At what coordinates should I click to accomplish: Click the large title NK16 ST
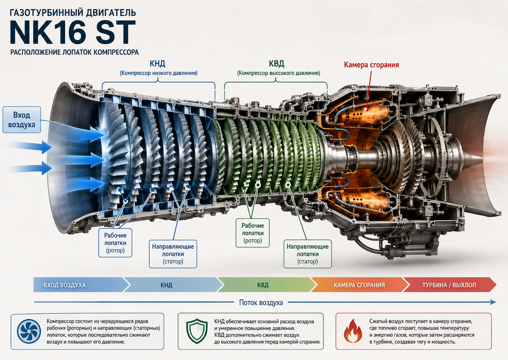coord(72,32)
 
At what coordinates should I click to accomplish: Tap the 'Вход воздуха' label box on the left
coord(22,120)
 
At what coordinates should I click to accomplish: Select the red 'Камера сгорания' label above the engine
coord(371,65)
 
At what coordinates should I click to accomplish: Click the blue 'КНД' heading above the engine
coord(157,64)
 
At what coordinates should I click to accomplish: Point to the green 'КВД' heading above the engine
coord(276,64)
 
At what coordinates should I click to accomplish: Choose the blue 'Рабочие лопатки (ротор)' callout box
coord(115,243)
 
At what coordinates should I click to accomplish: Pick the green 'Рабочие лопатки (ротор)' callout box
coord(253,233)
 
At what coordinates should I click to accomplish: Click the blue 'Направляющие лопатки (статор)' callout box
coord(173,254)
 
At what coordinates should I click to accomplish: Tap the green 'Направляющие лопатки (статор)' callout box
coord(308,254)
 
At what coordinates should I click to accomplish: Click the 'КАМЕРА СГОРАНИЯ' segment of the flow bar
coord(359,285)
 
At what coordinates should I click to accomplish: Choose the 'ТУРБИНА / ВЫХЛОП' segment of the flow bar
coord(450,285)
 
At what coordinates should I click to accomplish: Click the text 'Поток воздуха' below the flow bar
coord(261,302)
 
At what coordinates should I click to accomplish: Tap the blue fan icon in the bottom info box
coord(29,332)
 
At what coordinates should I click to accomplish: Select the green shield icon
coord(197,332)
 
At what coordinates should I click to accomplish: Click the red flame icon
coord(353,332)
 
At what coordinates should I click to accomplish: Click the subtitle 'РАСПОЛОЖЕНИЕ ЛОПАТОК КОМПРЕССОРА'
coord(75,53)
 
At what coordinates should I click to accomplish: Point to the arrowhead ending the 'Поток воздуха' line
coord(494,302)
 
